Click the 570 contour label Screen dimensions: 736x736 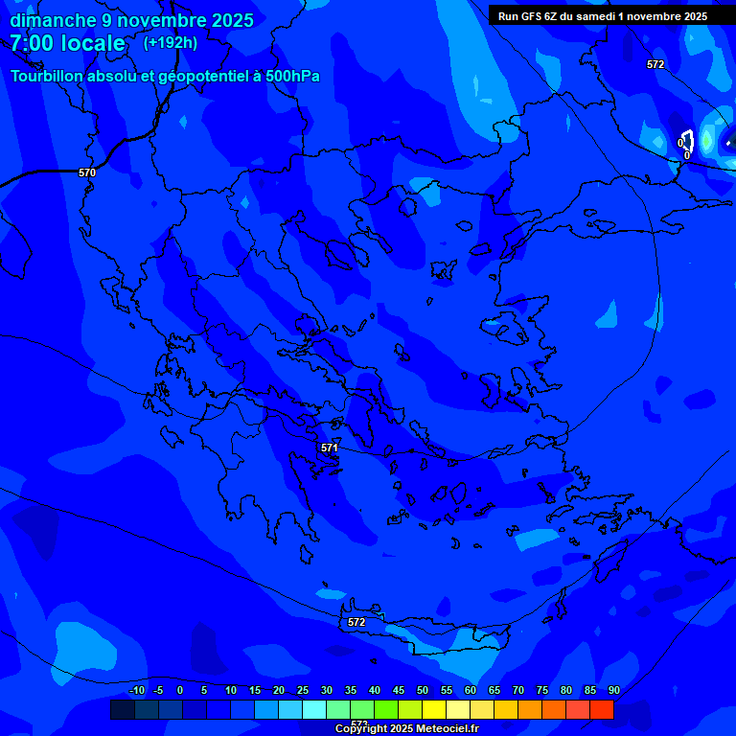(87, 172)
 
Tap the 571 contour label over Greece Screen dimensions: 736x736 (330, 448)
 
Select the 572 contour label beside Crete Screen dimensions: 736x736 (356, 622)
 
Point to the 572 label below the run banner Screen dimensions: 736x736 (655, 64)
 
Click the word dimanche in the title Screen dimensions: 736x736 (53, 20)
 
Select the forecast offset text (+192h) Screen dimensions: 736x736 (171, 42)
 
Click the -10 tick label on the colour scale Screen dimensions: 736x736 (137, 690)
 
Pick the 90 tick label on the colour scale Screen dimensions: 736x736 (613, 690)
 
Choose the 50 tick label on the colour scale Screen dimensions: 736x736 (423, 690)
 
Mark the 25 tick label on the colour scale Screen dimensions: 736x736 (303, 690)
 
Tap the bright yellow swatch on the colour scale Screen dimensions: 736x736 (433, 710)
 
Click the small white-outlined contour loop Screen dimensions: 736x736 (686, 141)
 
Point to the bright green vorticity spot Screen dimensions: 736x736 (707, 142)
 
